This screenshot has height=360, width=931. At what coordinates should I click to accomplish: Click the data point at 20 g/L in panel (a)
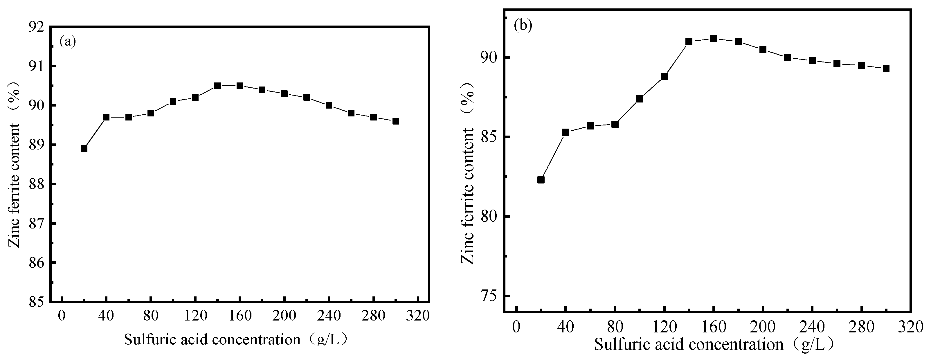pyautogui.click(x=84, y=149)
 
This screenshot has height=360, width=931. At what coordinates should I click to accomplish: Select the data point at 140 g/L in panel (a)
pyautogui.click(x=217, y=86)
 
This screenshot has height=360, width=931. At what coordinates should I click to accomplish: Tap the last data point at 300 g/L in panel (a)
pyautogui.click(x=395, y=121)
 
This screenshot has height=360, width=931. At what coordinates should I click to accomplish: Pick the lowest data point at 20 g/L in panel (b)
pyautogui.click(x=541, y=180)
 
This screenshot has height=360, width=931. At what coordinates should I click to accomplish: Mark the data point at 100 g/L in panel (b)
pyautogui.click(x=639, y=99)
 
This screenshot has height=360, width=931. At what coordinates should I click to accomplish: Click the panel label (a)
pyautogui.click(x=68, y=41)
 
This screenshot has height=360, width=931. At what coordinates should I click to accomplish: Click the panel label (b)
pyautogui.click(x=523, y=26)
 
